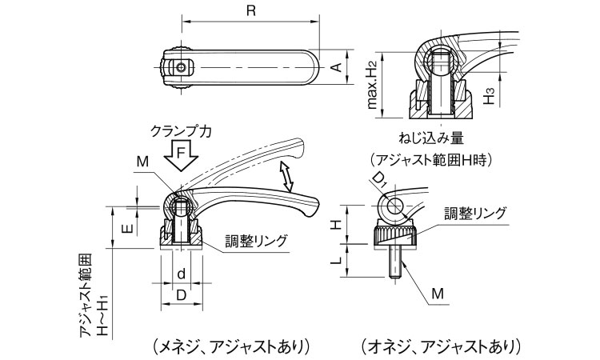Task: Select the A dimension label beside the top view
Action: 338,67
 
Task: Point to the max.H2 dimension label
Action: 372,87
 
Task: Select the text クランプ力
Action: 180,130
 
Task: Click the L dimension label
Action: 339,259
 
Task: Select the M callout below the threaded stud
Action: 437,295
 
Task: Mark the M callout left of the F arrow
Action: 142,161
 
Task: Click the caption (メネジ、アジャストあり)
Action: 228,346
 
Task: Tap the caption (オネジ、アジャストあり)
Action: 440,346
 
